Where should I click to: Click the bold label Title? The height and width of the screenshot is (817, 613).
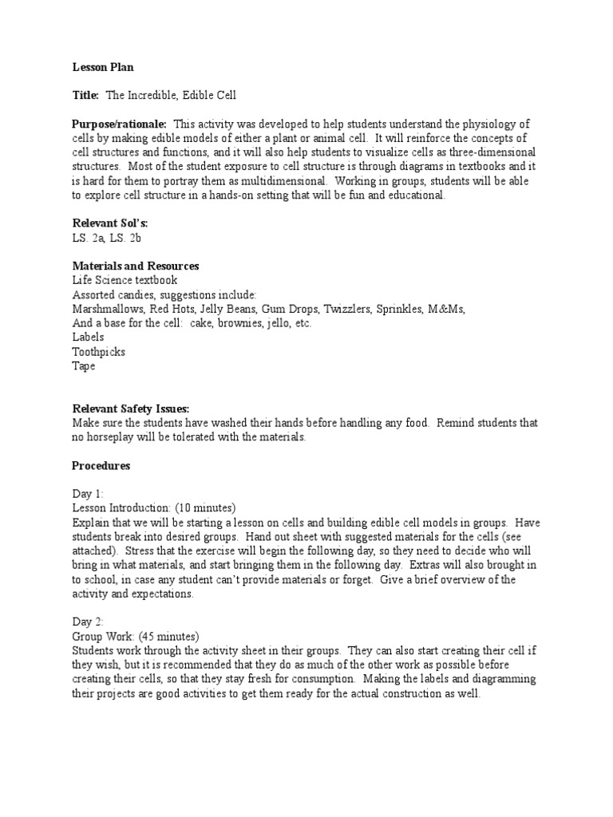pos(85,96)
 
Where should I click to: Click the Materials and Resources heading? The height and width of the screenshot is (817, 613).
pos(135,266)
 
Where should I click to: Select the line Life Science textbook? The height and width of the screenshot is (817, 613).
pos(125,280)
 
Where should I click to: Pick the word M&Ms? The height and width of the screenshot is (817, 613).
pos(447,309)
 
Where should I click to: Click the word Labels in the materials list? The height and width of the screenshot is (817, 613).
pos(88,337)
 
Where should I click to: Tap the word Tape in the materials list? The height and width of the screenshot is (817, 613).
pos(84,366)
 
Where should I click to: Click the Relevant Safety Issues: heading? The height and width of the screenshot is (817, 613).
pos(131,408)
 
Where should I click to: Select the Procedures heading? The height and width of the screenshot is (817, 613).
pos(101,465)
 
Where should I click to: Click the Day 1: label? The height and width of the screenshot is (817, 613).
pos(88,494)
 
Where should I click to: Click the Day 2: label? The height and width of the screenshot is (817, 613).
pos(88,622)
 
